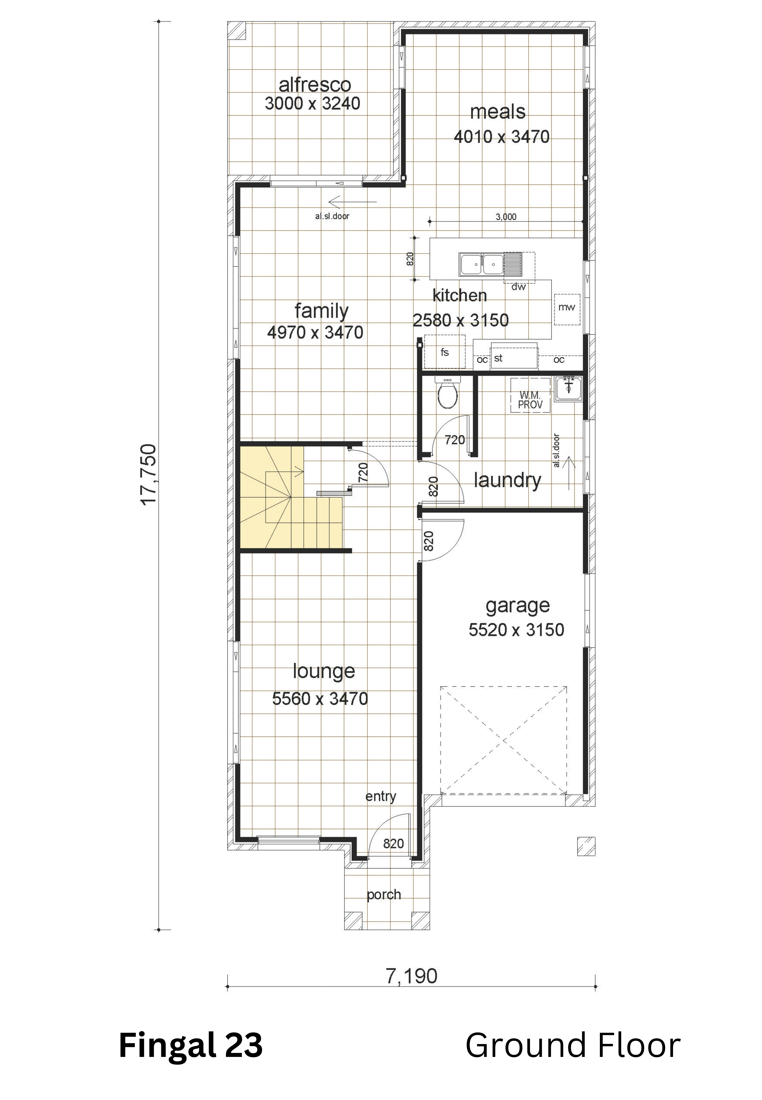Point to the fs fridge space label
pos(445,353)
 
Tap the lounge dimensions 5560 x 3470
pos(320,699)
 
